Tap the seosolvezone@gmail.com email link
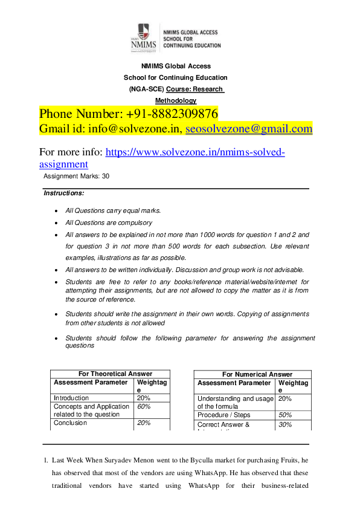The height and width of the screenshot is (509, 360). click(x=249, y=129)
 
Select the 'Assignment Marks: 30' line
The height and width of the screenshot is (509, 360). click(x=77, y=176)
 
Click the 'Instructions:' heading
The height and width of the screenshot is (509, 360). click(x=64, y=193)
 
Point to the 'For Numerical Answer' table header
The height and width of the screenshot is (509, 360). click(x=257, y=375)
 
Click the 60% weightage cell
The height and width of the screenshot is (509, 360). click(x=144, y=407)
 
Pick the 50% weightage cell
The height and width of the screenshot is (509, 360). click(x=286, y=415)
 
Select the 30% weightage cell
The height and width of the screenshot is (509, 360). click(x=286, y=425)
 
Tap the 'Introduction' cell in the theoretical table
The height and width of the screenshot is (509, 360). click(x=71, y=398)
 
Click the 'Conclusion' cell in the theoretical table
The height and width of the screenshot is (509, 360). click(x=70, y=423)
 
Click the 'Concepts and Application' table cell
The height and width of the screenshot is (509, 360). click(x=91, y=407)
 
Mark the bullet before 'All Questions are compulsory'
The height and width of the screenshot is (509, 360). click(x=56, y=223)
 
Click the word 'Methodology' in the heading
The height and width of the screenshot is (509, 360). click(x=176, y=100)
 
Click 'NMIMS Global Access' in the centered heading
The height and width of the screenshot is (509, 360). click(x=176, y=66)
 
